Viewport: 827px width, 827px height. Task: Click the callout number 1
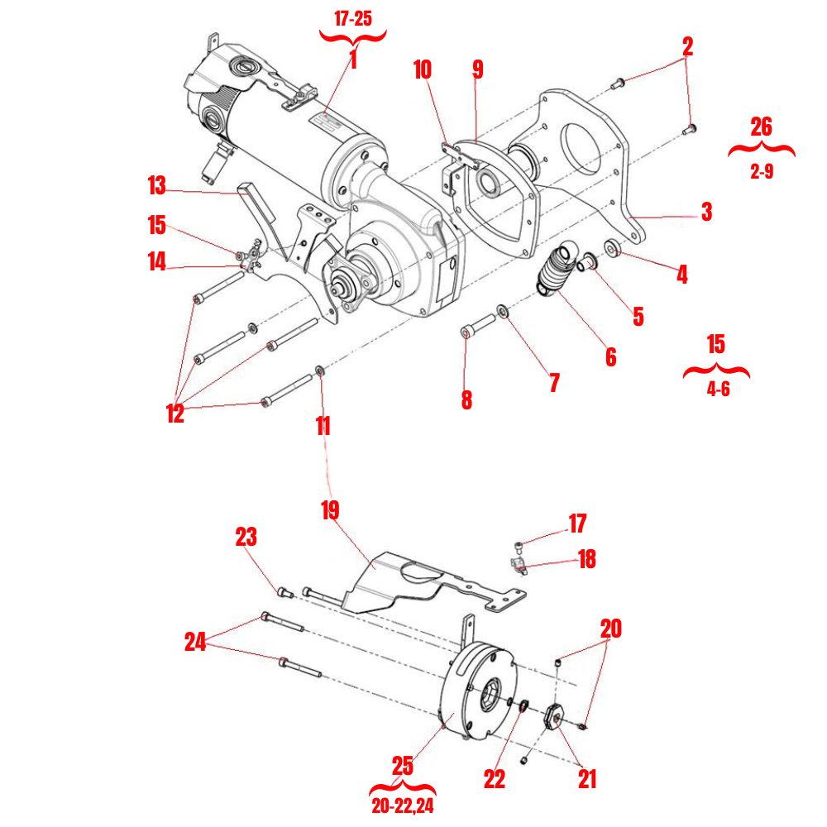(352, 60)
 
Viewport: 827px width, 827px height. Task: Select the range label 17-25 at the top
(352, 18)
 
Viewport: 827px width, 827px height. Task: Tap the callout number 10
(423, 69)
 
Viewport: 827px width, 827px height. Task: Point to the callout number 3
(705, 212)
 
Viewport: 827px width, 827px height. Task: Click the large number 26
(761, 127)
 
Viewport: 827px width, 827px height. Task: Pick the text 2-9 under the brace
(761, 173)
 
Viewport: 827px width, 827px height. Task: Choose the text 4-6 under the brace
(718, 390)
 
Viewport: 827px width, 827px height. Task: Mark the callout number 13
(157, 186)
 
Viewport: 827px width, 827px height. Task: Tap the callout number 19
(330, 509)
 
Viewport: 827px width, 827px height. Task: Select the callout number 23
(246, 538)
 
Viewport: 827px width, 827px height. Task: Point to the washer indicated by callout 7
(502, 311)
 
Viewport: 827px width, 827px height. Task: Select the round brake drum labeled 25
(476, 691)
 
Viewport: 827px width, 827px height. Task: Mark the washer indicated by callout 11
(320, 370)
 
